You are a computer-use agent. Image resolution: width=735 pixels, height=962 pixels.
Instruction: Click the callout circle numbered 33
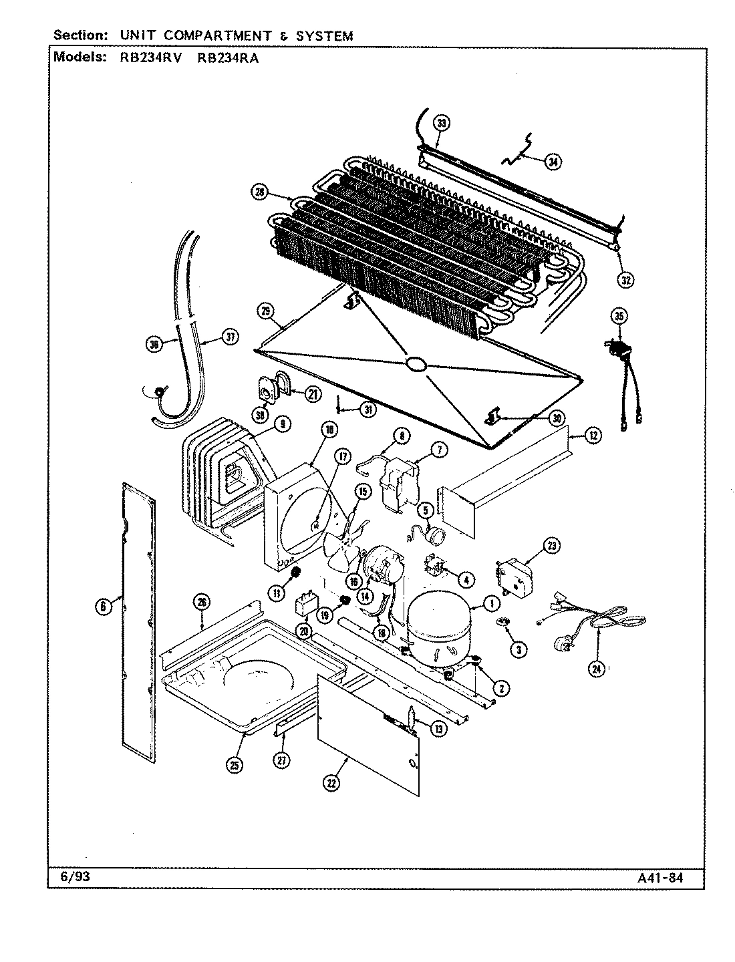coord(441,123)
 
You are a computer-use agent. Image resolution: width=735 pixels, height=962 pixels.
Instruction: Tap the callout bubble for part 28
coord(259,192)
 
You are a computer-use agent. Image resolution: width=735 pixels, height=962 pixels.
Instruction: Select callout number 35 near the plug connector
coord(619,317)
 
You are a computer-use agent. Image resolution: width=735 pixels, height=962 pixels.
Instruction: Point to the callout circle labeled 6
coord(104,607)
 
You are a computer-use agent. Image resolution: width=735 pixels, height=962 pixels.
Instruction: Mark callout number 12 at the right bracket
coord(593,436)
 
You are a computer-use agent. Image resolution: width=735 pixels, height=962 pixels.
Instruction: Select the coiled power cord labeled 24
coord(601,625)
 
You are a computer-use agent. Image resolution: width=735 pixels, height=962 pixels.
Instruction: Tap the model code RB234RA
coord(228,57)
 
